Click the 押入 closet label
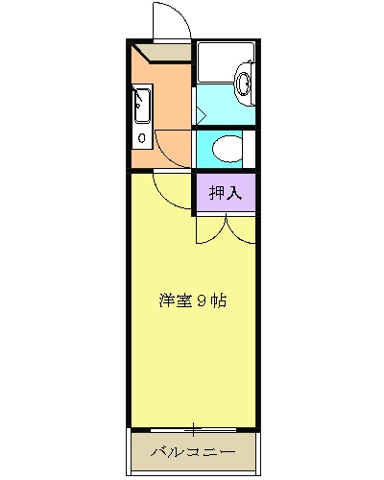(227, 192)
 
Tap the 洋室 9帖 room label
(192, 300)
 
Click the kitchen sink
(142, 107)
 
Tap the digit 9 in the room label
(204, 300)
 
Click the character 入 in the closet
(235, 192)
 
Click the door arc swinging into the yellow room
(171, 192)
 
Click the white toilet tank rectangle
(250, 149)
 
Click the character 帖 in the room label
(219, 300)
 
